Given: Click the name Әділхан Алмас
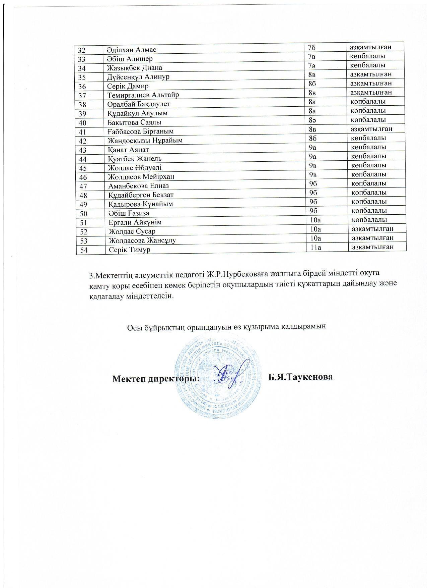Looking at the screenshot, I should click(131, 50).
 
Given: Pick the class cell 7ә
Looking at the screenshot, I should click(311, 65).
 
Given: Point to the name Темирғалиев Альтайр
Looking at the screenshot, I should click(143, 95).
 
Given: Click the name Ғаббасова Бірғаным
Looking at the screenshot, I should click(141, 131).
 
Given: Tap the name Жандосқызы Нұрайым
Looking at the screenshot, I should click(145, 140).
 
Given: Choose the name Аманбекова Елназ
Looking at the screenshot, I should click(138, 186).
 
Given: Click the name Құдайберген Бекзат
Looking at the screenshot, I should click(141, 195).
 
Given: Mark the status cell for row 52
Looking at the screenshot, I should click(372, 229).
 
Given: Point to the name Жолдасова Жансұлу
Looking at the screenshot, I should click(142, 240).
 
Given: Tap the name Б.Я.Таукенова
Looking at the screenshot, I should click(300, 377).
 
